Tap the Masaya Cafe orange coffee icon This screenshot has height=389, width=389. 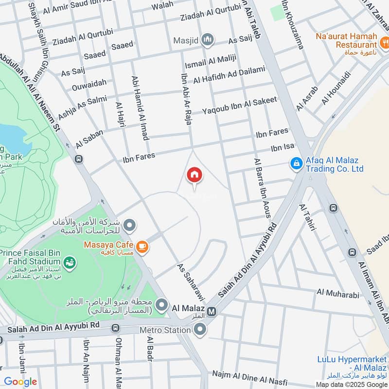(142, 247)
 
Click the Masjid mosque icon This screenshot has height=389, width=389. (208, 39)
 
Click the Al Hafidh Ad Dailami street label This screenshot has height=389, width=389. (230, 75)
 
